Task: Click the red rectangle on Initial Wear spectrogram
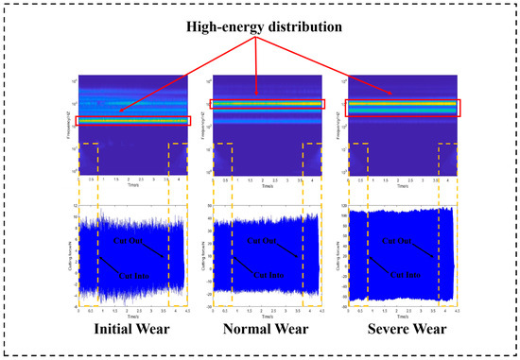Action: click(x=134, y=121)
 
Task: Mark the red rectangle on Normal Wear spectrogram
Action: click(x=269, y=104)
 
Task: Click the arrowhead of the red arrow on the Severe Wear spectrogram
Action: click(x=393, y=95)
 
